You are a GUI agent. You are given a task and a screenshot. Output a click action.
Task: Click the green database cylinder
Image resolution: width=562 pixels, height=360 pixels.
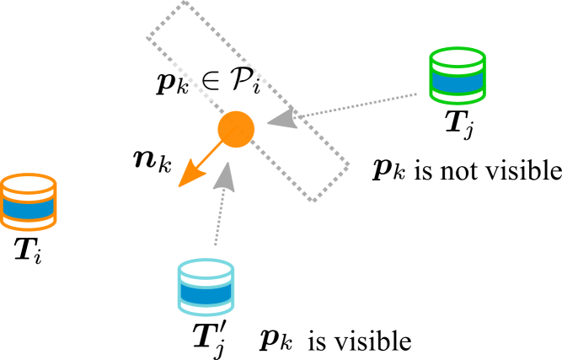click(458, 76)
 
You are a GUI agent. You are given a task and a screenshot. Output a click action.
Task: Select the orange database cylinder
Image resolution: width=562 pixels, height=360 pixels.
click(28, 201)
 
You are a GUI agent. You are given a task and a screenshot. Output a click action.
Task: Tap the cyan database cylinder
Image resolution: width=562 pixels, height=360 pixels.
click(206, 287)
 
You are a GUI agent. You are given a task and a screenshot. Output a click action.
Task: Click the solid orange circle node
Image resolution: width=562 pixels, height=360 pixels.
click(236, 129)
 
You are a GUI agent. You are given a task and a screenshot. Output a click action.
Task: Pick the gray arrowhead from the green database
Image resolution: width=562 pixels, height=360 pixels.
click(281, 118)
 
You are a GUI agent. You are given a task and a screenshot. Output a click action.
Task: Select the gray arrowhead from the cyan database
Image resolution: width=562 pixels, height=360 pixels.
click(224, 175)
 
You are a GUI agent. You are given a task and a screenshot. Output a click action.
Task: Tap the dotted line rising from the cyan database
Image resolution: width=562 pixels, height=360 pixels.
click(218, 219)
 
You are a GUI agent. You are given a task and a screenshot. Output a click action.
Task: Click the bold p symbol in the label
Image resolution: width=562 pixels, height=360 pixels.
click(165, 82)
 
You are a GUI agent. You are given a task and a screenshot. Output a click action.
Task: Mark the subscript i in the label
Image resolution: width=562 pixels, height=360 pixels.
click(255, 87)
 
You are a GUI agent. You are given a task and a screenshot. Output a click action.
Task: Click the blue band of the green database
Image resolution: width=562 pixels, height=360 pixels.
click(458, 82)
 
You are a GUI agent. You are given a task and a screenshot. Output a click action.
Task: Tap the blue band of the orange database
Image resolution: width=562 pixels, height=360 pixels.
click(28, 207)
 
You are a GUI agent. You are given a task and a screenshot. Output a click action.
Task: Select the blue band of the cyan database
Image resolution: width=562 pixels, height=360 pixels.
click(206, 293)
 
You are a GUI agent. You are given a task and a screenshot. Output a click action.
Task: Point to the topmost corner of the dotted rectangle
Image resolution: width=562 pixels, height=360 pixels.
click(184, 3)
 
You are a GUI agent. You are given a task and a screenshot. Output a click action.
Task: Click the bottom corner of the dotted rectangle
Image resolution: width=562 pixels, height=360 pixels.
click(313, 200)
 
